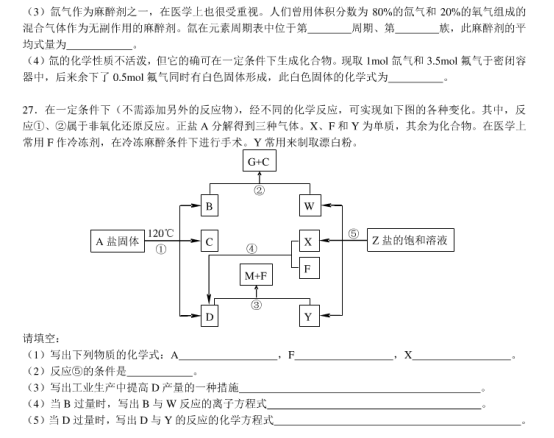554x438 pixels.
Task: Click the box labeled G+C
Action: pyautogui.click(x=259, y=160)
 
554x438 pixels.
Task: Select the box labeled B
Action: pyautogui.click(x=209, y=206)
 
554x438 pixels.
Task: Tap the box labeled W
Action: pyautogui.click(x=309, y=206)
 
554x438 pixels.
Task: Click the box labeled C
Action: pyautogui.click(x=209, y=241)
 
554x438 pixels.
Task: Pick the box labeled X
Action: pyautogui.click(x=308, y=241)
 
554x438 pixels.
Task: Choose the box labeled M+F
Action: pyautogui.click(x=257, y=274)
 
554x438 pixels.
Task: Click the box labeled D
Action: pyautogui.click(x=209, y=317)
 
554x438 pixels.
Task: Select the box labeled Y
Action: pyautogui.click(x=308, y=317)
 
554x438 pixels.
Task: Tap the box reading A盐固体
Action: pyautogui.click(x=118, y=241)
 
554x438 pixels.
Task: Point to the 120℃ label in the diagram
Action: pyautogui.click(x=161, y=234)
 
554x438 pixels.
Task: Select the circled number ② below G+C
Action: pyautogui.click(x=259, y=189)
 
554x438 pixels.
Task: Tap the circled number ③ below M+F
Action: pyautogui.click(x=257, y=304)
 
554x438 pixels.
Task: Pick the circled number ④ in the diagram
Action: pyautogui.click(x=251, y=250)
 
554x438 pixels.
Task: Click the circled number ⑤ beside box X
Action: pyautogui.click(x=353, y=233)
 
